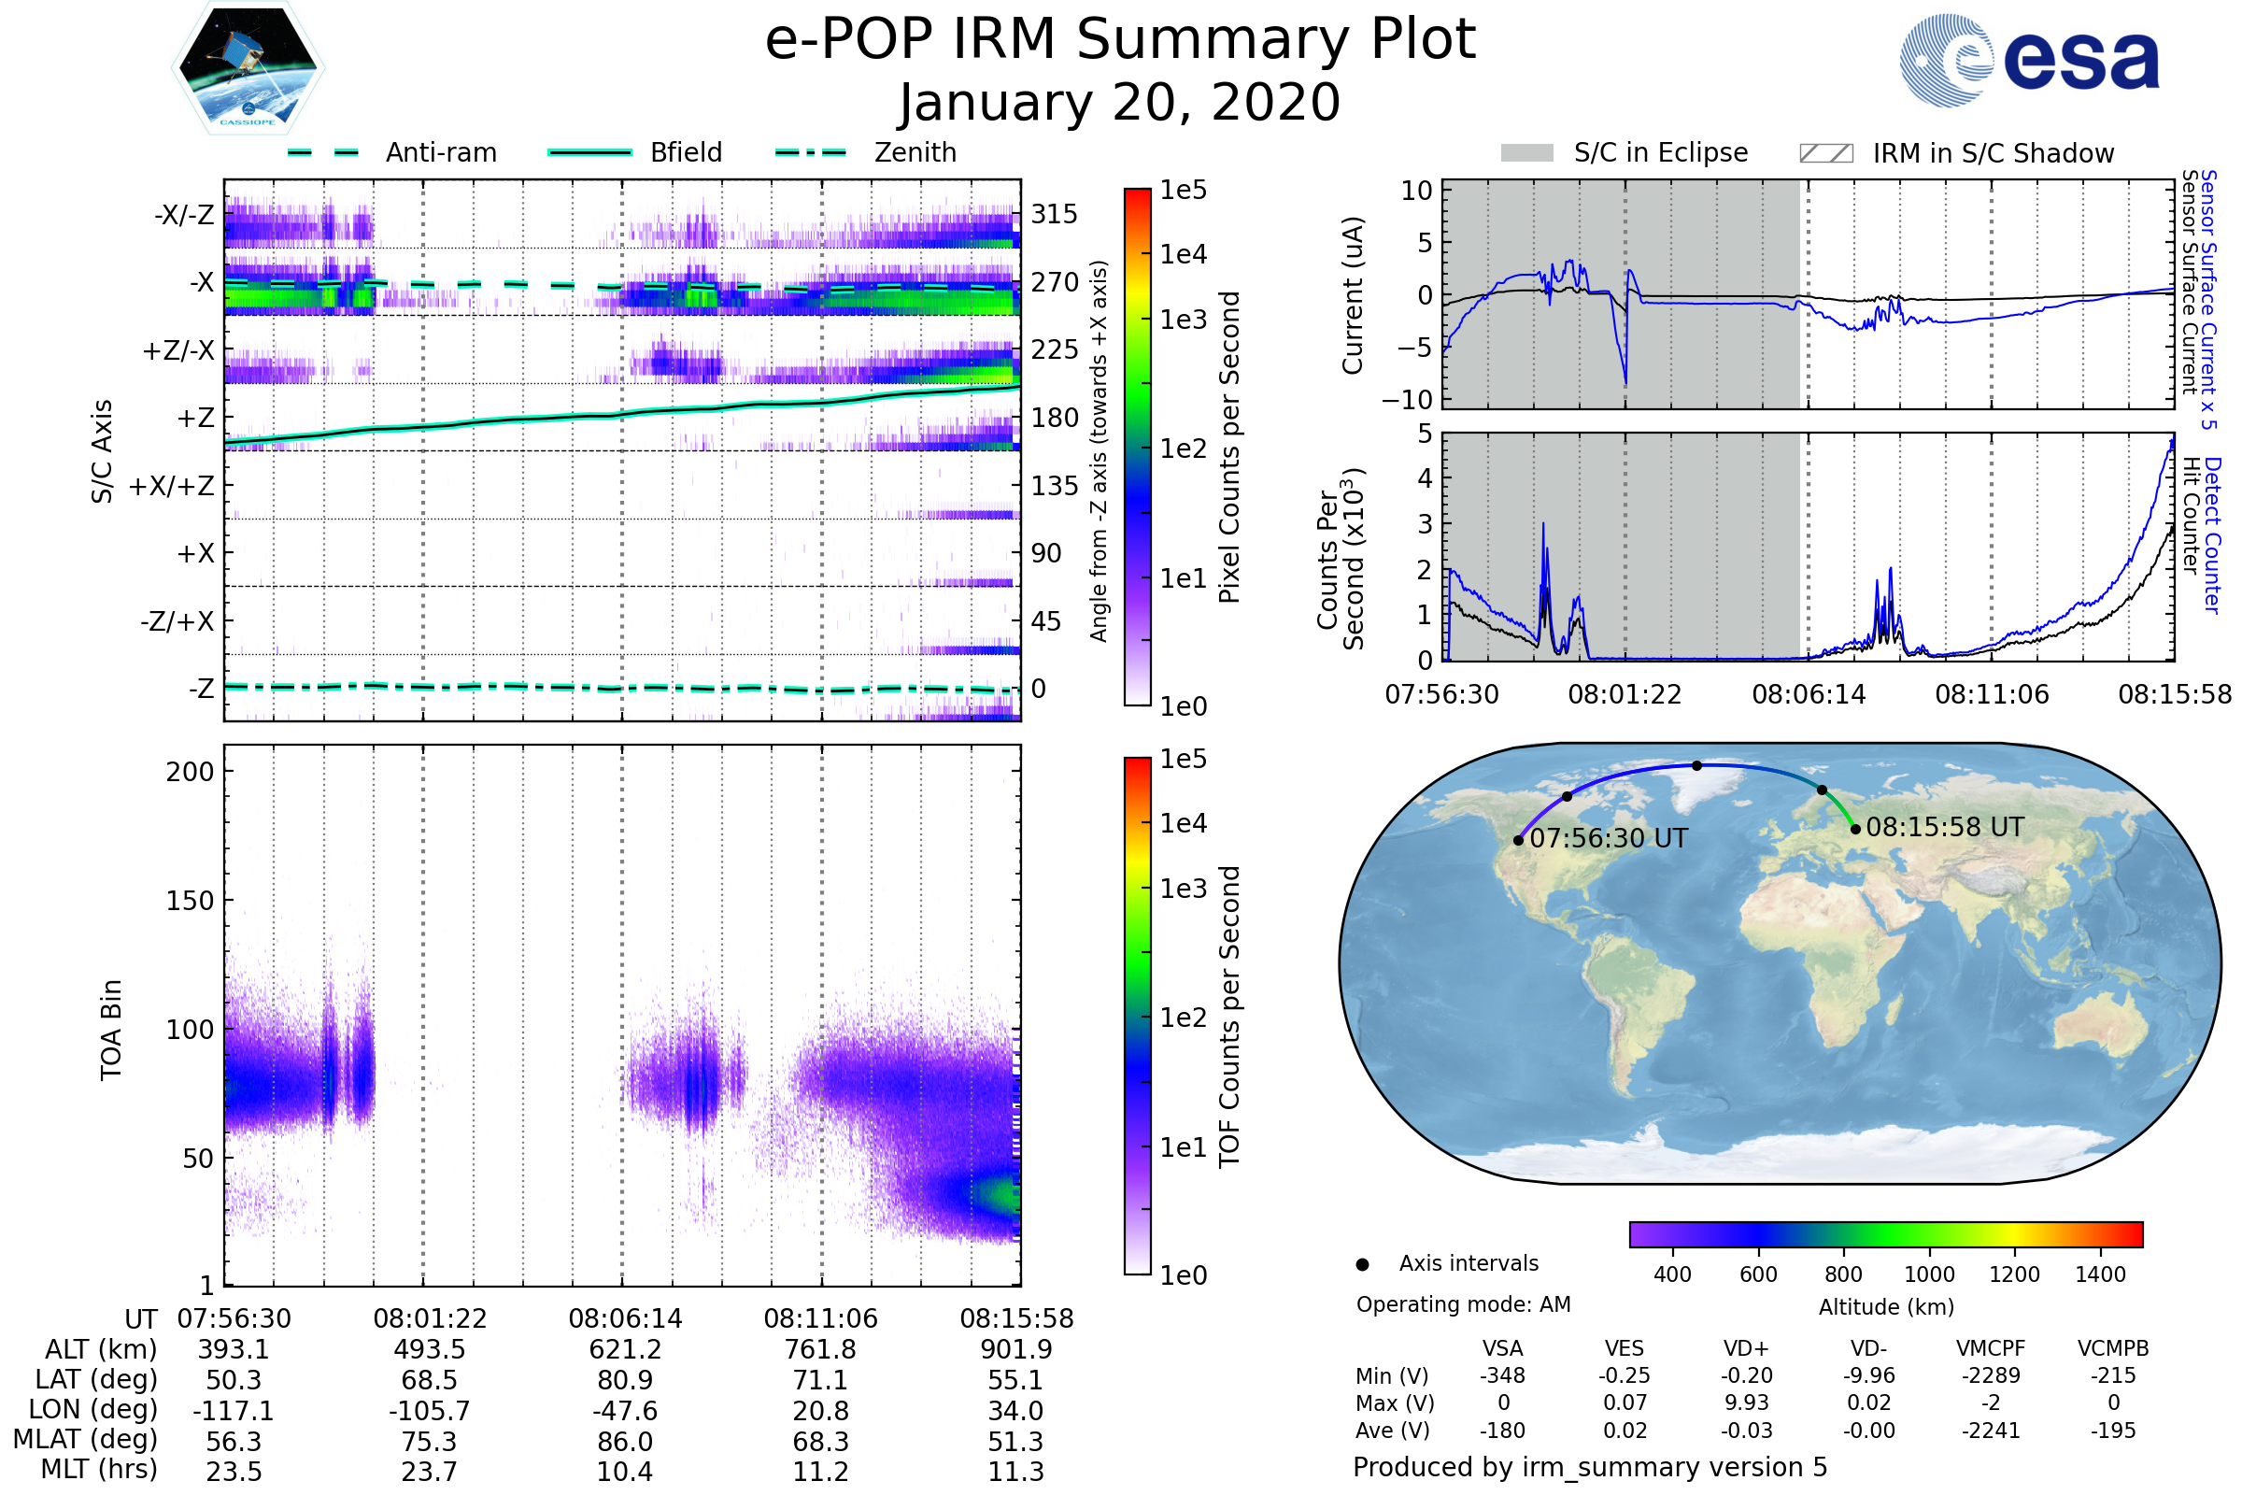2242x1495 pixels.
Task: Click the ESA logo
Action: coord(2028,60)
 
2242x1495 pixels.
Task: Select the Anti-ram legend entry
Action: coord(392,152)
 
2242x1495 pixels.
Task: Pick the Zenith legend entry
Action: coord(866,152)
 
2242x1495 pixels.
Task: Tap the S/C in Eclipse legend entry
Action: coord(1624,153)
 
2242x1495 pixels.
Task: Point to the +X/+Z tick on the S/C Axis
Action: coord(172,486)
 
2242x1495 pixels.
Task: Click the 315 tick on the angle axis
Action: coord(1055,214)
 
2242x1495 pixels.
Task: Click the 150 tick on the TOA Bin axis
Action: coord(190,901)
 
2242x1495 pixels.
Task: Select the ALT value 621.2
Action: coord(625,1350)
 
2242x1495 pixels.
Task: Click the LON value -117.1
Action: coord(234,1411)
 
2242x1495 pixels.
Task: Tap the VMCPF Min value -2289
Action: coord(1991,1375)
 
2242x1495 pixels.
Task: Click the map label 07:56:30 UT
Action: coord(1608,839)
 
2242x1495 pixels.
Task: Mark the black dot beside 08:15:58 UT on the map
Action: coord(1855,830)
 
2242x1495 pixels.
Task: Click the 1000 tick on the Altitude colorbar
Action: coord(1929,1274)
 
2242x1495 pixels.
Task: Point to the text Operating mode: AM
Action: coord(1463,1304)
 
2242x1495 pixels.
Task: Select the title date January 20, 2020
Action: coord(1120,103)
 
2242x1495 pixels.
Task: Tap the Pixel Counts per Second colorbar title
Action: coord(1229,447)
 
